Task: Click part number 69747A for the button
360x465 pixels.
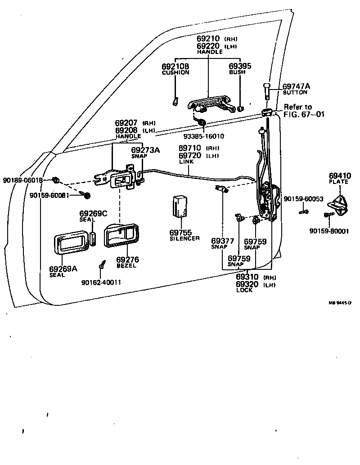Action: coord(297,86)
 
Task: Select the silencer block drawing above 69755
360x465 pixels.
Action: coord(181,206)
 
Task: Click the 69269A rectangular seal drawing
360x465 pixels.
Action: coord(71,244)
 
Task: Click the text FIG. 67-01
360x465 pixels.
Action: coord(303,114)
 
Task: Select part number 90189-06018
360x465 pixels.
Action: coord(22,180)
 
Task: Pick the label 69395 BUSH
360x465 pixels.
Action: coord(240,69)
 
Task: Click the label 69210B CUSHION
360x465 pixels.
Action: coord(175,69)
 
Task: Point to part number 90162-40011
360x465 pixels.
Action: coord(101,282)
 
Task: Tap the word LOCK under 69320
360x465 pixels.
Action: coord(244,290)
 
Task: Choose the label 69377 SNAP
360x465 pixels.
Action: coord(222,243)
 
